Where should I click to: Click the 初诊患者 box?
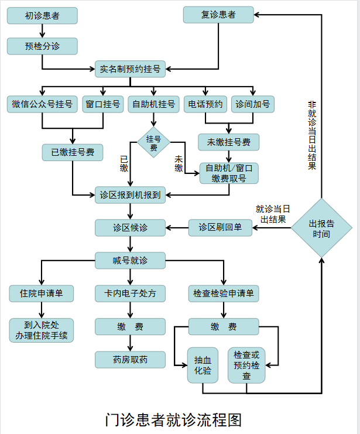pyautogui.click(x=42, y=16)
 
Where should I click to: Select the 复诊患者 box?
pyautogui.click(x=218, y=15)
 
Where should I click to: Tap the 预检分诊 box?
pyautogui.click(x=42, y=46)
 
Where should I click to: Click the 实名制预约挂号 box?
pyautogui.click(x=130, y=69)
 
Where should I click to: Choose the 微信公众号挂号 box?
pyautogui.click(x=42, y=104)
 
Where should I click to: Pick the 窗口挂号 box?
pyautogui.click(x=103, y=104)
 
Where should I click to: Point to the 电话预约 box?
pyautogui.click(x=205, y=104)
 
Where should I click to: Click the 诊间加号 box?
pyautogui.click(x=253, y=104)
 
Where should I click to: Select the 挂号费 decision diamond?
pyautogui.click(x=153, y=142)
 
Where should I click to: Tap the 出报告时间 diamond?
pyautogui.click(x=321, y=228)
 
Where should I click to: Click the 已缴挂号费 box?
pyautogui.click(x=73, y=152)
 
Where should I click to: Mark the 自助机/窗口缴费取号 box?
pyautogui.click(x=229, y=173)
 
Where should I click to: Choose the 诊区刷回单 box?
pyautogui.click(x=220, y=228)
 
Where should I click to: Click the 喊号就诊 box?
pyautogui.click(x=130, y=261)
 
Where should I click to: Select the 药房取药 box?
pyautogui.click(x=130, y=360)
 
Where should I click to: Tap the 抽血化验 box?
pyautogui.click(x=203, y=365)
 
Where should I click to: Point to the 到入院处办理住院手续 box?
pyautogui.click(x=41, y=330)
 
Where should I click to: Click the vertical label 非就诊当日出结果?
pyautogui.click(x=312, y=135)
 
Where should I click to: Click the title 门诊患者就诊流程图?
pyautogui.click(x=173, y=420)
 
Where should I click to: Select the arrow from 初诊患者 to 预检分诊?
pyautogui.click(x=42, y=31)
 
